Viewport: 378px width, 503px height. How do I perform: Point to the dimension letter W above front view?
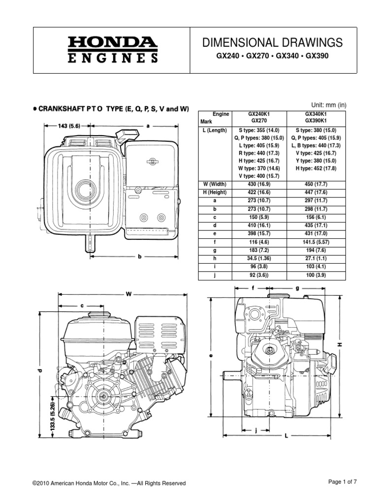point(129,294)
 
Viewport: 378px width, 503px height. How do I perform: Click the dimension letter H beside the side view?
point(339,345)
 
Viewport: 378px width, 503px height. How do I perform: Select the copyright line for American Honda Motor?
point(109,483)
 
